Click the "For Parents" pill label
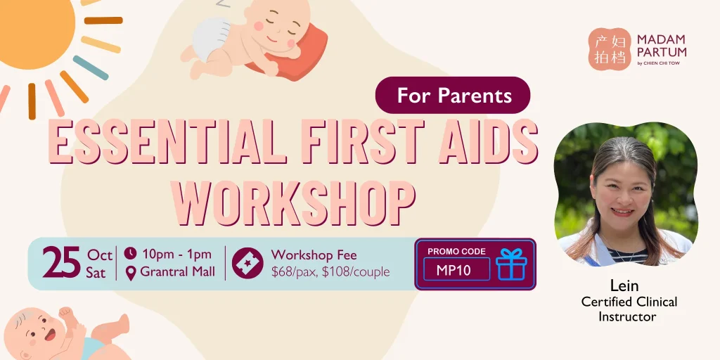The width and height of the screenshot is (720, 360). tap(453, 95)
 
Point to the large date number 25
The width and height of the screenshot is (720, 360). tap(62, 263)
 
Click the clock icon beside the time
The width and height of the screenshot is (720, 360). tap(130, 253)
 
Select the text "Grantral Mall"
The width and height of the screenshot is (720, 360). tap(178, 272)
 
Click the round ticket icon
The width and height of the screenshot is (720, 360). tap(247, 263)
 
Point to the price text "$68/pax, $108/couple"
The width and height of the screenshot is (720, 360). tap(330, 272)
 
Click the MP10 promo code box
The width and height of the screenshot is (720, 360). tap(456, 269)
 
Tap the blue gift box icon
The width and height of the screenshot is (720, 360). tap(511, 264)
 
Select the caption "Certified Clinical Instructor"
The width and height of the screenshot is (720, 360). tap(629, 309)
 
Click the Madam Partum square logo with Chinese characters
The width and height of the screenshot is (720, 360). tap(610, 49)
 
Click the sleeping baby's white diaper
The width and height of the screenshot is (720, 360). tap(210, 39)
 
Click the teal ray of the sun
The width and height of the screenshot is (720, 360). tap(91, 67)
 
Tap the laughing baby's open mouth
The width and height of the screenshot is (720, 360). tap(50, 335)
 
